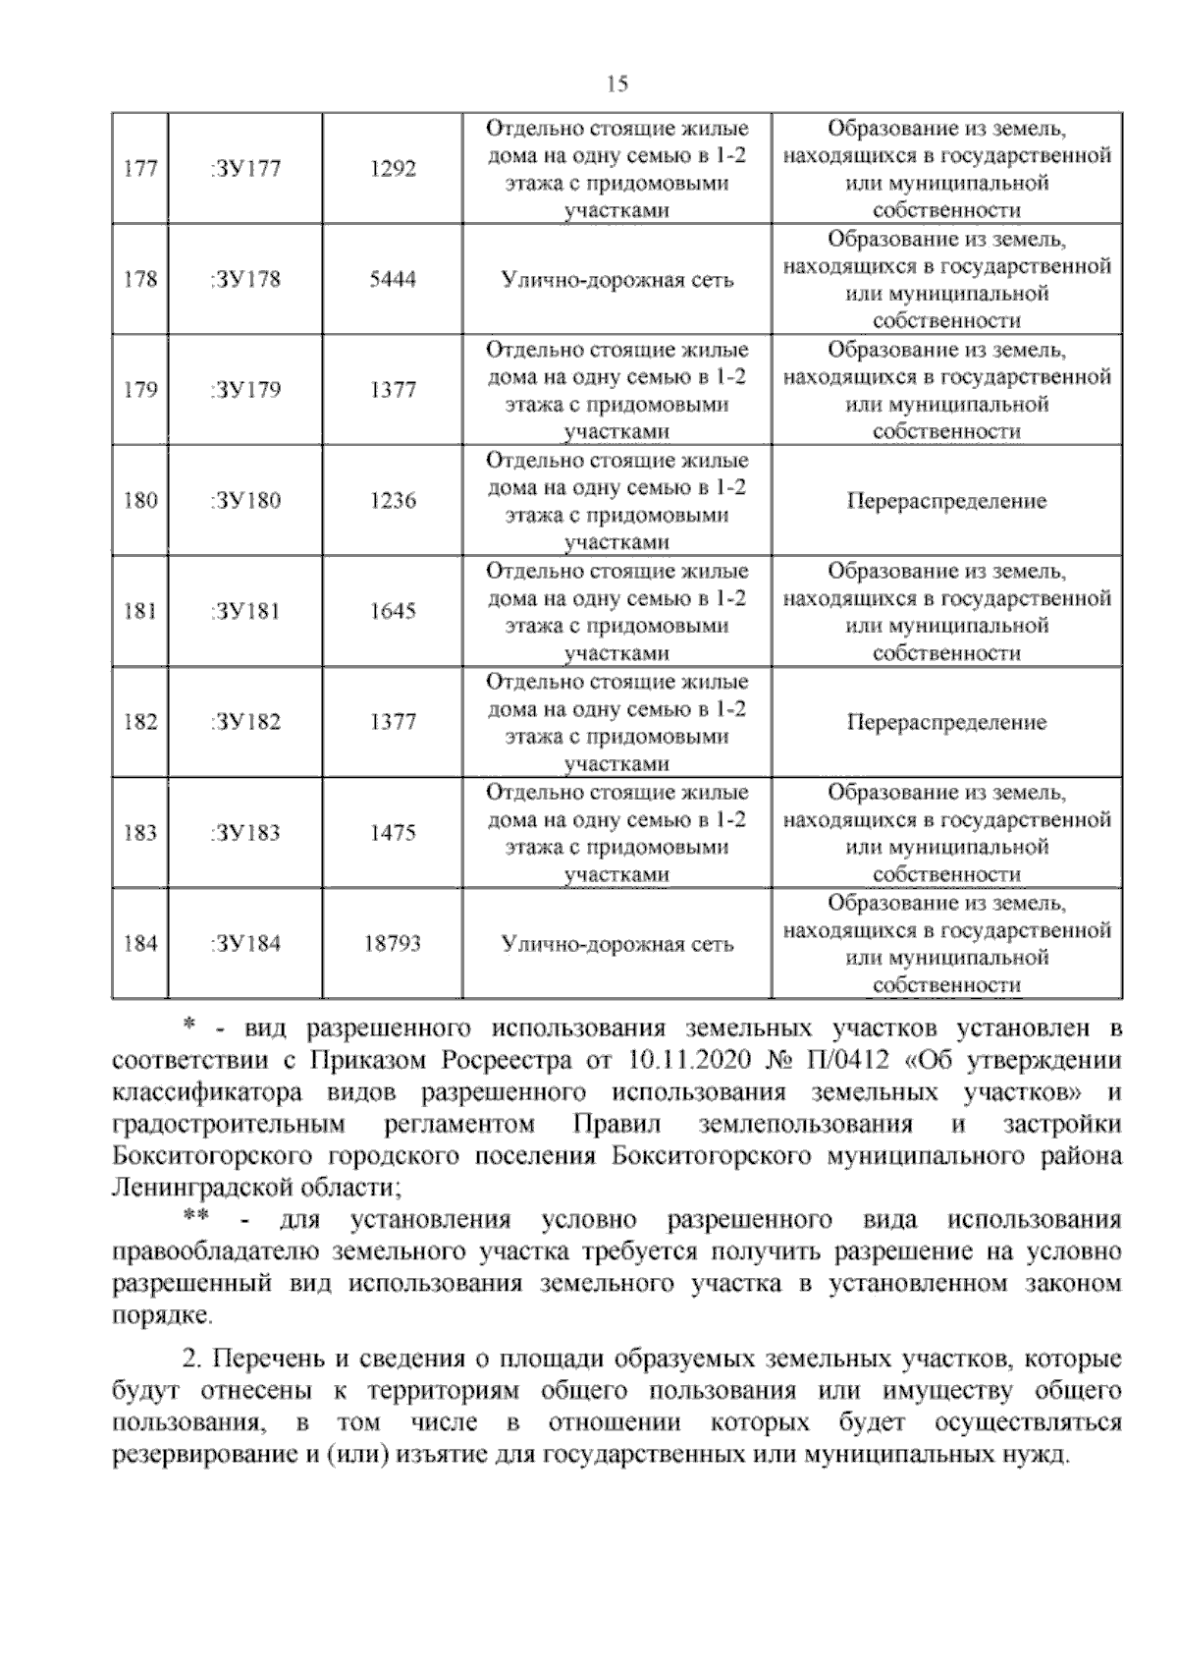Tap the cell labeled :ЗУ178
click(x=245, y=280)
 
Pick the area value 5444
click(x=393, y=280)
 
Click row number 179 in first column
click(x=140, y=390)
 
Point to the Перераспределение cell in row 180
click(x=946, y=501)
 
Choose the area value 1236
click(x=393, y=501)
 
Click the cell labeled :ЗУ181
click(x=245, y=611)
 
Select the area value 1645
click(x=393, y=611)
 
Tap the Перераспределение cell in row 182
click(x=946, y=722)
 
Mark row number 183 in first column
click(x=140, y=833)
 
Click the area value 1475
click(x=393, y=833)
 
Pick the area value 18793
click(x=393, y=944)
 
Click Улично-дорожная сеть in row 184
click(x=616, y=944)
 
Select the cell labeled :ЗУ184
click(x=245, y=944)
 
